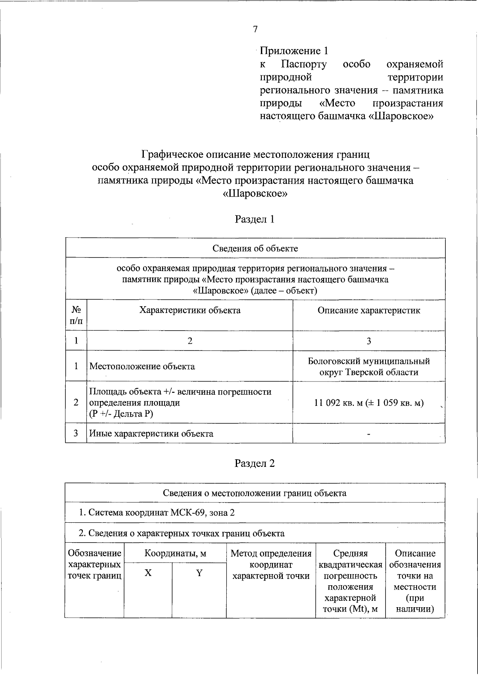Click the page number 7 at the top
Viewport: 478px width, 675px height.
255,29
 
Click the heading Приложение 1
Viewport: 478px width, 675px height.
294,51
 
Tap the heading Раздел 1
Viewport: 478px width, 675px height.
255,219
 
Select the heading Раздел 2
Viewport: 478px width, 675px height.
255,464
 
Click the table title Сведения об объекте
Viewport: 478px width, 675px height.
255,248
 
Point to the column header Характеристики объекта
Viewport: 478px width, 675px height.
190,310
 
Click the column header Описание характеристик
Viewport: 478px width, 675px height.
369,310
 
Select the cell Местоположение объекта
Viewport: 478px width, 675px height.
142,366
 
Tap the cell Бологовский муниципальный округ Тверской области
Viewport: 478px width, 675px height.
369,366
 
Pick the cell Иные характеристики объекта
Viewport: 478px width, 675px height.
151,433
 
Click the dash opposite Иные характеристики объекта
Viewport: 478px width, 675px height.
369,434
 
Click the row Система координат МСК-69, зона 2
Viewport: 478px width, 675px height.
157,513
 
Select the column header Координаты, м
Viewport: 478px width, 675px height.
175,553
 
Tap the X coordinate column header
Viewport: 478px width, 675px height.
148,573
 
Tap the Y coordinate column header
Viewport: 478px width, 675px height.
199,573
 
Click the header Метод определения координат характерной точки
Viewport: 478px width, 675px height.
271,565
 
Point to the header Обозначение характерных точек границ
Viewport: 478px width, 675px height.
95,565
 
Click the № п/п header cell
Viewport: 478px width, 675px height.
76,315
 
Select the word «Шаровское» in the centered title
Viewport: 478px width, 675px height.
255,194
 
